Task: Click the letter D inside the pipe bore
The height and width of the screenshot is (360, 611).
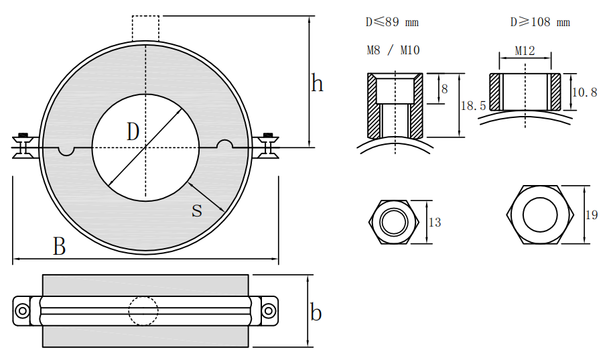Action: [x=133, y=132]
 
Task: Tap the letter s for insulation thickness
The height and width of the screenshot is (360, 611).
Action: [x=197, y=210]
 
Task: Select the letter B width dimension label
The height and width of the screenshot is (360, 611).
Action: [x=60, y=247]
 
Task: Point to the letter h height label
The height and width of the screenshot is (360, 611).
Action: [x=318, y=84]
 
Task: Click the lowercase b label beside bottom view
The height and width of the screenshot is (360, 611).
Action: [x=316, y=312]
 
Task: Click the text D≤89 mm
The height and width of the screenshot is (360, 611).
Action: [x=392, y=22]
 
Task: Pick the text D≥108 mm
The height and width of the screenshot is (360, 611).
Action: [x=540, y=22]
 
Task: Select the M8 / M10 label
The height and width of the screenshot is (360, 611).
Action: [x=393, y=50]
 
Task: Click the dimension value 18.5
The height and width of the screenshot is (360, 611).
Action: [x=474, y=106]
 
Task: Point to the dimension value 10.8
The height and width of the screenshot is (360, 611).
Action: [x=584, y=93]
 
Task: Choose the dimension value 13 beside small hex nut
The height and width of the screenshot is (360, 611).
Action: [x=435, y=222]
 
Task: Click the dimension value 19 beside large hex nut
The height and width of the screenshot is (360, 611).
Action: [x=592, y=215]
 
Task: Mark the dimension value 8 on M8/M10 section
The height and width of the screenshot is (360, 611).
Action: [x=444, y=88]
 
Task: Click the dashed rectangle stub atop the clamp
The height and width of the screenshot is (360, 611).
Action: [x=145, y=28]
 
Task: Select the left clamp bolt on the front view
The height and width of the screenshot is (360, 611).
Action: [x=25, y=145]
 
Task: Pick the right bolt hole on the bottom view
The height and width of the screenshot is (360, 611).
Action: [x=268, y=311]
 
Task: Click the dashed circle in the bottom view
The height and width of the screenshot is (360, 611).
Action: [x=143, y=311]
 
